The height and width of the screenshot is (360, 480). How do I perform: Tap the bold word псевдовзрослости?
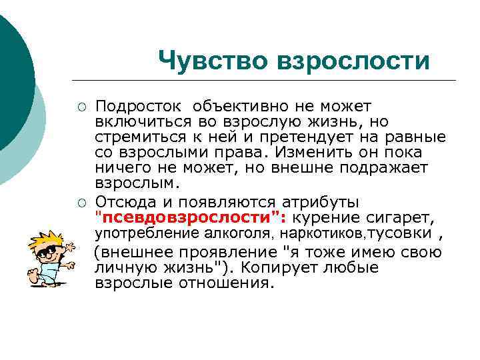click(187, 218)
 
